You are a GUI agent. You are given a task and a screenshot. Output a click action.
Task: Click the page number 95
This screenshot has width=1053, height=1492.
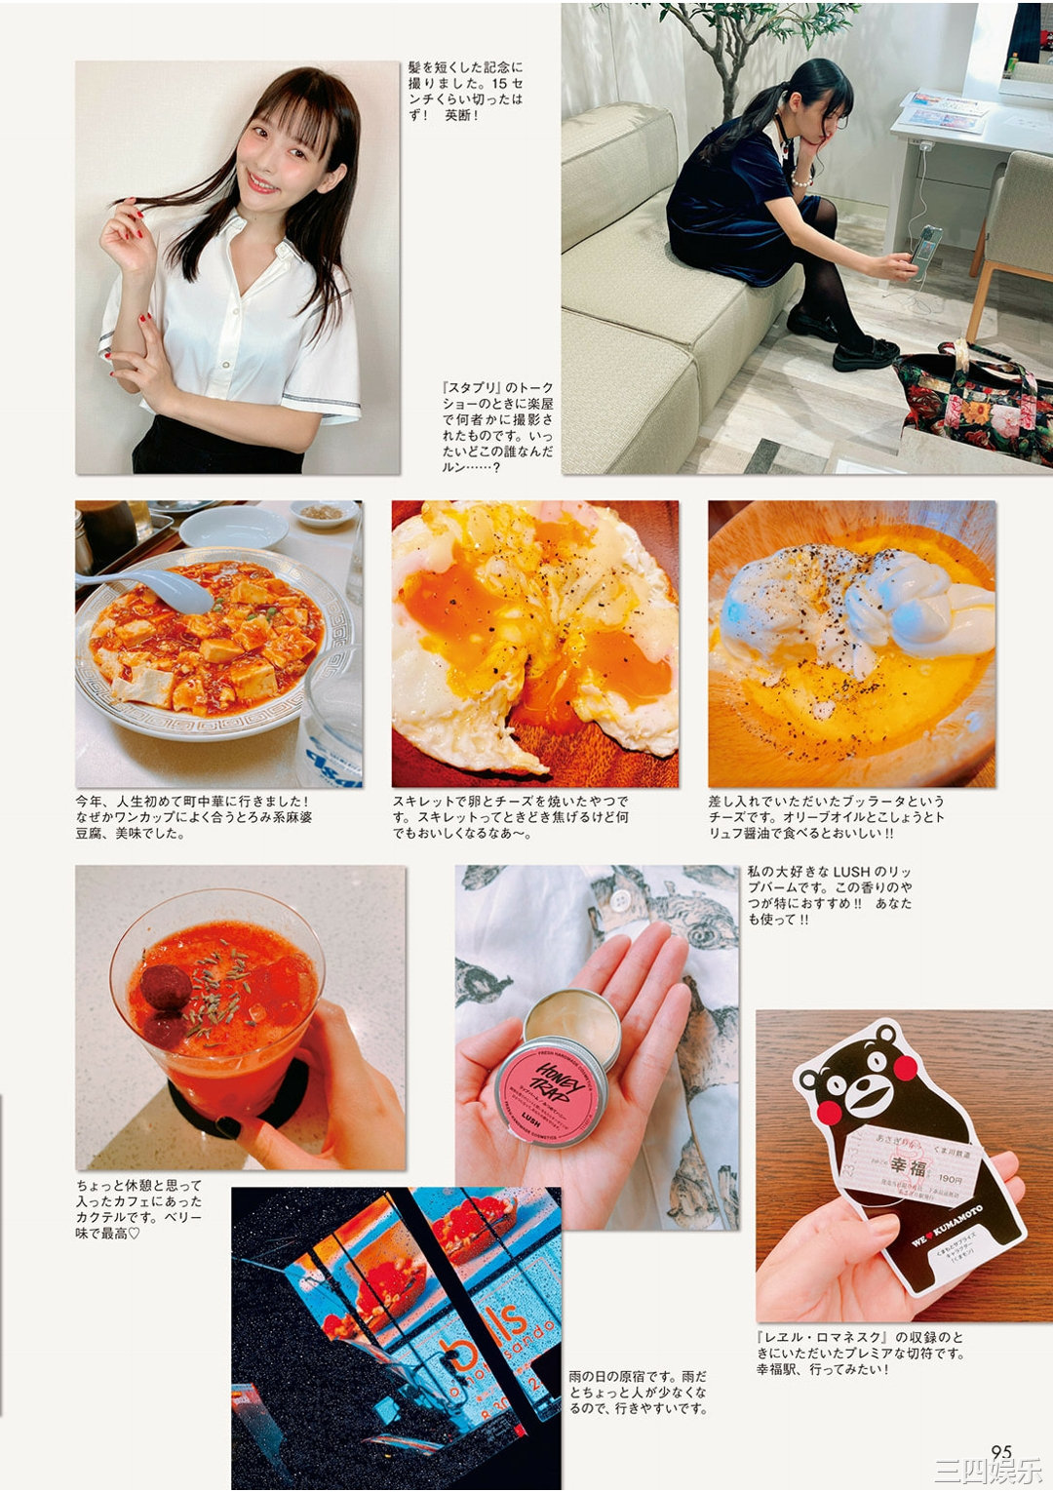point(1001,1452)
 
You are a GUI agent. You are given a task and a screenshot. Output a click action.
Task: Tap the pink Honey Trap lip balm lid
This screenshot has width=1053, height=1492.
point(551,1090)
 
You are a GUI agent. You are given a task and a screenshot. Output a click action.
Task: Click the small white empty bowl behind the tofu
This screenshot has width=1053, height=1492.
point(233,527)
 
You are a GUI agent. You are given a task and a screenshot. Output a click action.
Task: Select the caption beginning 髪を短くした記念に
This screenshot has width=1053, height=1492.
point(465,91)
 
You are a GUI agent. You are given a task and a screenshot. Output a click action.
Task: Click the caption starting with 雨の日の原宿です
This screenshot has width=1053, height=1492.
point(638,1392)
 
